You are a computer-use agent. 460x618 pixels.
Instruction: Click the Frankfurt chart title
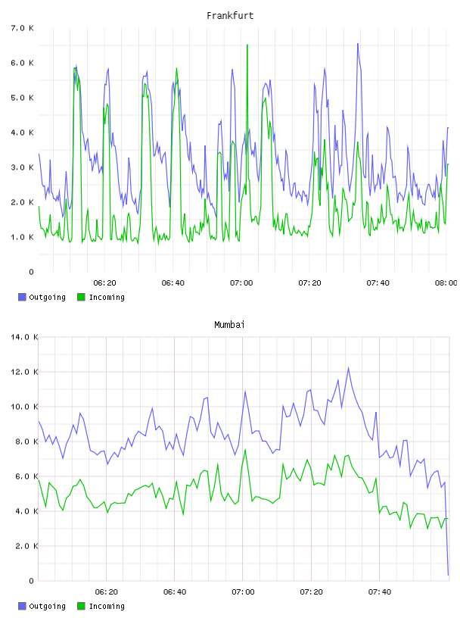click(x=230, y=16)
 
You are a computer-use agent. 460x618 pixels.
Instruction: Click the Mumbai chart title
click(x=229, y=325)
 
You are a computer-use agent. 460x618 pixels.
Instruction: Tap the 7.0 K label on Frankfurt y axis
click(x=22, y=28)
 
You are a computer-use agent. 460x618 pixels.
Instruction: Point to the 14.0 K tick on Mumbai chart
click(x=24, y=337)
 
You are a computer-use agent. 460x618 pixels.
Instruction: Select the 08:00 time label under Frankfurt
click(x=446, y=283)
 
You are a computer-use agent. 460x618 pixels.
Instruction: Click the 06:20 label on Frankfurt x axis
click(x=104, y=283)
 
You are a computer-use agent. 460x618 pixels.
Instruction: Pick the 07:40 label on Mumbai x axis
click(x=380, y=592)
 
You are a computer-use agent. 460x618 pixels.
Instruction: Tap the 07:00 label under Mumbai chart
click(x=243, y=592)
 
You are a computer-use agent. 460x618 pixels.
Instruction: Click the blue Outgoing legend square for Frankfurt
click(x=22, y=297)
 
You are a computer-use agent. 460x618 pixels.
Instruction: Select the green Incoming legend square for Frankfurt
click(x=81, y=297)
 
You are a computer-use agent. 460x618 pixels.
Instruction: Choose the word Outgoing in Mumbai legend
click(x=47, y=607)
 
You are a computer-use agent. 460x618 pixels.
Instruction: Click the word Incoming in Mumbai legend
click(x=107, y=607)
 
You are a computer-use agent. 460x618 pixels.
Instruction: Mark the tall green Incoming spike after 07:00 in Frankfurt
click(x=247, y=45)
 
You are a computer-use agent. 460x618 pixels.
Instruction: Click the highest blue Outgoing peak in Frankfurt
click(x=358, y=44)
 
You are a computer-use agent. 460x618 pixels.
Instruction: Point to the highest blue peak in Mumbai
click(x=349, y=368)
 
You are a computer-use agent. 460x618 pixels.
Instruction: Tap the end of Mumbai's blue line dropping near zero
click(x=448, y=575)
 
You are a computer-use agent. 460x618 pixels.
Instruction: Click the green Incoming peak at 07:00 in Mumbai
click(x=245, y=450)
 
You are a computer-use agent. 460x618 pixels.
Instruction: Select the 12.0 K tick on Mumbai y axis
click(x=24, y=372)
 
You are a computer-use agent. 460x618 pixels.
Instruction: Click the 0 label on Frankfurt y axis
click(x=31, y=272)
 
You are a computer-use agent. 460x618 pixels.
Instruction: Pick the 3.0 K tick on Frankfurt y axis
click(x=22, y=167)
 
